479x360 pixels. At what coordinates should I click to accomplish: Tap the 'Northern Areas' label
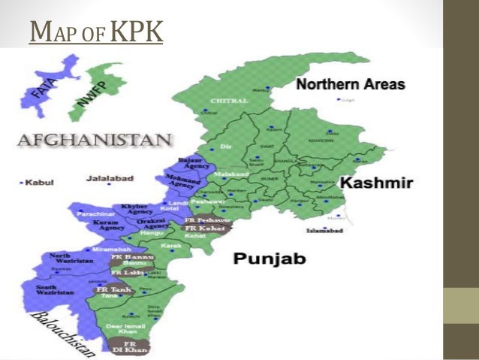pos(350,84)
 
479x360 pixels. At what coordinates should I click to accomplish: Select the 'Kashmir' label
pos(375,183)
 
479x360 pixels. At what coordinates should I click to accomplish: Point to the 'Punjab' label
pos(269,259)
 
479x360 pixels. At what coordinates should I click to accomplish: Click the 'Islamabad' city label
pos(325,230)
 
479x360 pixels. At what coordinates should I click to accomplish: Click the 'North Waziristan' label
pos(70,259)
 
